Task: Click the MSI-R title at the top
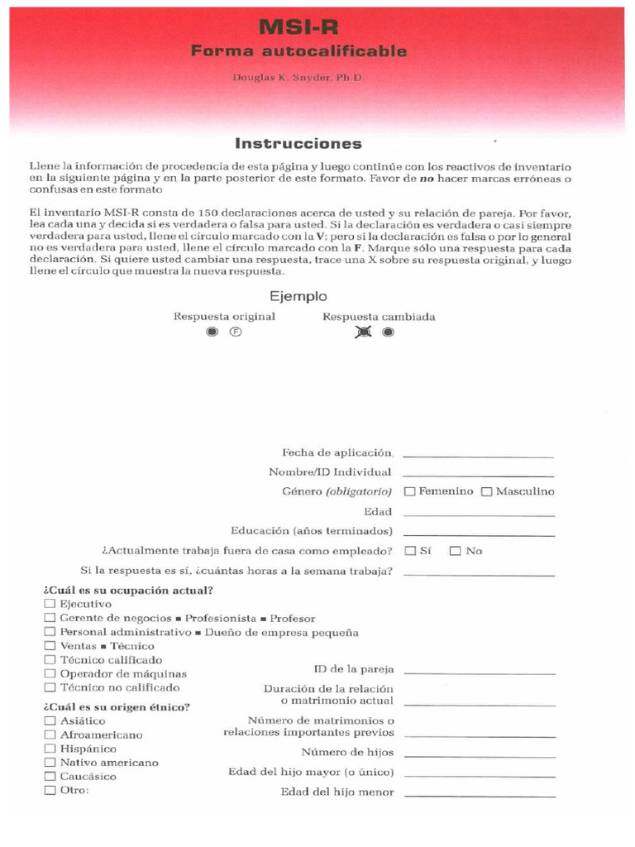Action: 299,27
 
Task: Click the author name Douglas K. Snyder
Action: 298,77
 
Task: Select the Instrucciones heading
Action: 298,143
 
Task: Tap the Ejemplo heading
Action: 298,296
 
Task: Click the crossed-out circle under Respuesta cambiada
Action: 363,332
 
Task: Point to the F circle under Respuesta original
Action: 236,332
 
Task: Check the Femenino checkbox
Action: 409,492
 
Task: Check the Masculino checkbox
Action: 487,492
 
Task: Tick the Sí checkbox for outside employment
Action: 409,551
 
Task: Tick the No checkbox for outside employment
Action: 455,551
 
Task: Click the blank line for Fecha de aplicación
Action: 479,455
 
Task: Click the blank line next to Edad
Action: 479,514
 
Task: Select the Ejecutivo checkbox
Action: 50,605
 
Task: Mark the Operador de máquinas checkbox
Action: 50,673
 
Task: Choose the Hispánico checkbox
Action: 50,749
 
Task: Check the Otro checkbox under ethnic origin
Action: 50,790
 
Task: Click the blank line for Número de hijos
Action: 479,755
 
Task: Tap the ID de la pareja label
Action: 353,669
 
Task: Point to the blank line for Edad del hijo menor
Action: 479,795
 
